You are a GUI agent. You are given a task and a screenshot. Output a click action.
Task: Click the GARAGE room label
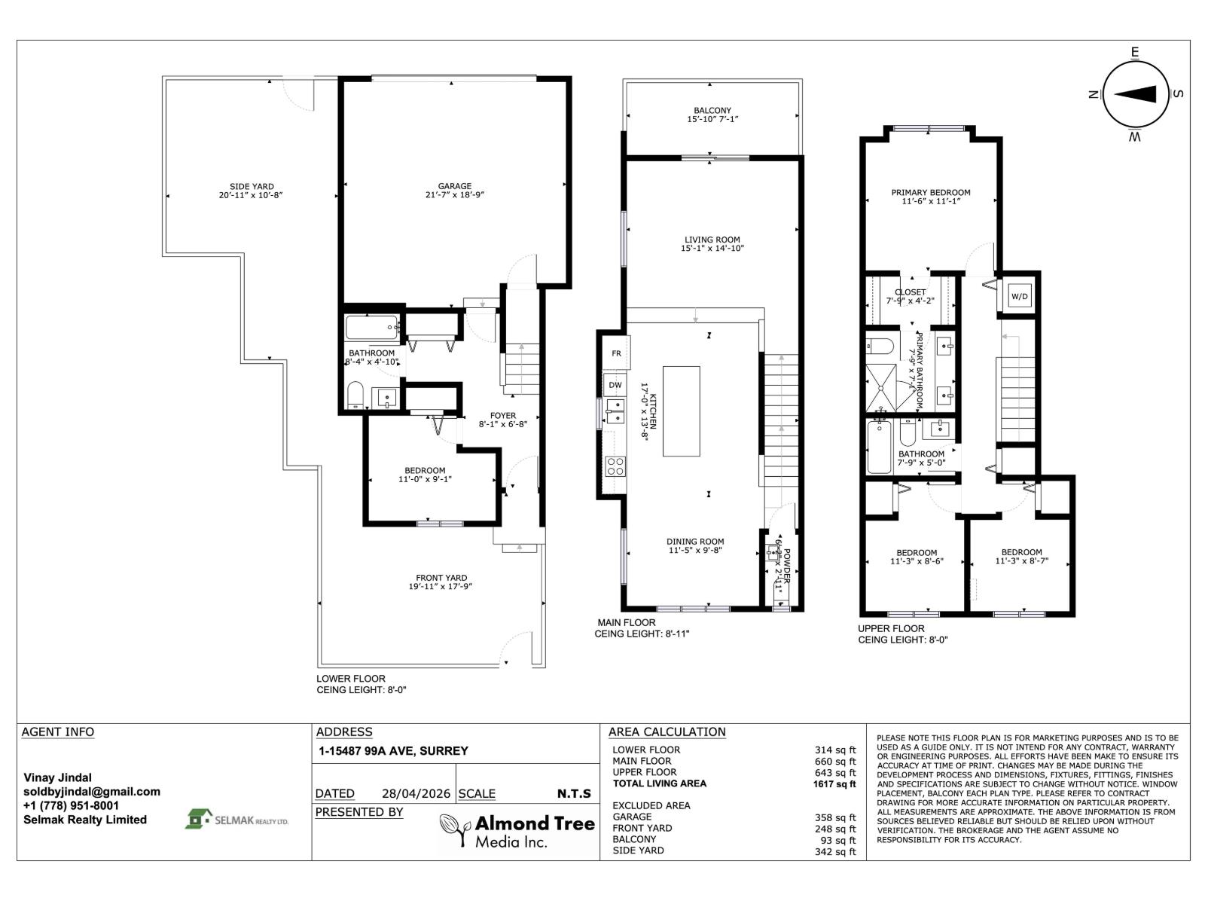[455, 186]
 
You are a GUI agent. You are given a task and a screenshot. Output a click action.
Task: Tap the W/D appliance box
[1019, 297]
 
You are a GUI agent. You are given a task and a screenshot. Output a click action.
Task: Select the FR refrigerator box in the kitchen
[616, 353]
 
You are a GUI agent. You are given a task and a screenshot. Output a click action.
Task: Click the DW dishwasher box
[615, 385]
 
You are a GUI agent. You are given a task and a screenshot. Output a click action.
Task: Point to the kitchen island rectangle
[681, 411]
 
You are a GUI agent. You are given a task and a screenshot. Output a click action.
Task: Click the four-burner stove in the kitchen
[615, 466]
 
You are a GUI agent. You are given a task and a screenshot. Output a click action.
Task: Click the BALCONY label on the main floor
[712, 111]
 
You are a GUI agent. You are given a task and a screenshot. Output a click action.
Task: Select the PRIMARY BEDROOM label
[931, 193]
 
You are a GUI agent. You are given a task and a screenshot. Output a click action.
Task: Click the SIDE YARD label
[252, 187]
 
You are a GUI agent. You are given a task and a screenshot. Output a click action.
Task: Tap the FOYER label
[503, 416]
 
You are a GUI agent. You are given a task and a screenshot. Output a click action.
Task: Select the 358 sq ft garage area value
[836, 817]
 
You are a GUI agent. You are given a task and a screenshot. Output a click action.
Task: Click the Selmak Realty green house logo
[200, 819]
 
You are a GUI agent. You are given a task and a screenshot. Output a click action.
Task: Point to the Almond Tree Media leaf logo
[455, 829]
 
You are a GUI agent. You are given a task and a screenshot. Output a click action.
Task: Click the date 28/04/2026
[416, 794]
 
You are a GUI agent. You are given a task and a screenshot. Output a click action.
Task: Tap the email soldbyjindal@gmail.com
[92, 792]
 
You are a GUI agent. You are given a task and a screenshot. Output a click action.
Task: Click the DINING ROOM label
[695, 542]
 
